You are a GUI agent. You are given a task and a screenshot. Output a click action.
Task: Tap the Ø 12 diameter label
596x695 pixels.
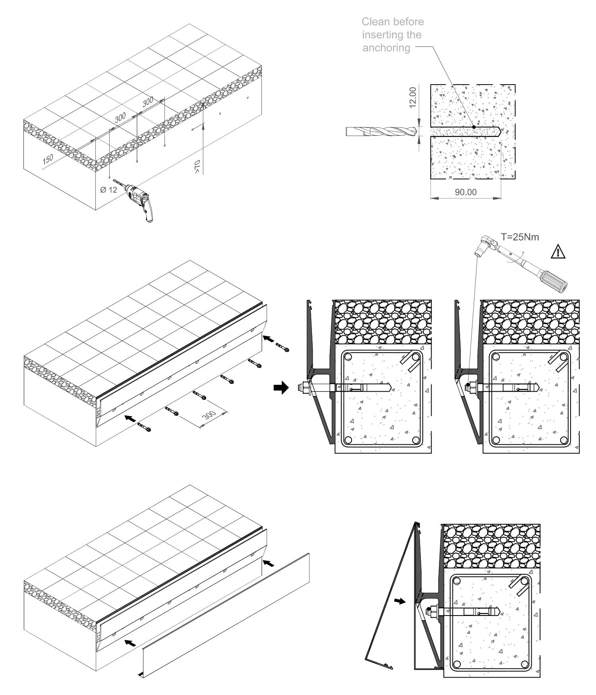(x=108, y=190)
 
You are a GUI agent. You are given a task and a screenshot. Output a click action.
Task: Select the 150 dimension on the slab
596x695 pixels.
(x=48, y=159)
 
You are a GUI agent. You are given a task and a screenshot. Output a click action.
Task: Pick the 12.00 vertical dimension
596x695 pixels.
(x=413, y=97)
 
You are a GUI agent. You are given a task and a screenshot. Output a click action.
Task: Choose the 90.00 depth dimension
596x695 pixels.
(x=466, y=192)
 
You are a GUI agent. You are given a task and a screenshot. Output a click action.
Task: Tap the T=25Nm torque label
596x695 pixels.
(x=520, y=237)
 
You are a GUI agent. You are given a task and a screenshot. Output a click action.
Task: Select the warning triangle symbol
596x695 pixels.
(x=558, y=252)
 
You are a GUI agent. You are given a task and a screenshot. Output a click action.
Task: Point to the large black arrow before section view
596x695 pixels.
(x=281, y=387)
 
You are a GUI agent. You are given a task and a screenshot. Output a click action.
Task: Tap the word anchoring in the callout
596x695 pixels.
(x=386, y=48)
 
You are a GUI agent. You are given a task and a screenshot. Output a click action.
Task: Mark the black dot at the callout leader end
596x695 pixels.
(x=474, y=127)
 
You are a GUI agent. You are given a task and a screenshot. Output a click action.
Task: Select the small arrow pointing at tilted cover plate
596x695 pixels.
(x=400, y=601)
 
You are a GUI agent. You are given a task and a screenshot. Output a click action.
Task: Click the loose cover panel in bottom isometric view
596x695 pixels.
(x=226, y=615)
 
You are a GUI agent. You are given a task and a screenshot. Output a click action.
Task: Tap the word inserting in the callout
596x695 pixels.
(x=377, y=35)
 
